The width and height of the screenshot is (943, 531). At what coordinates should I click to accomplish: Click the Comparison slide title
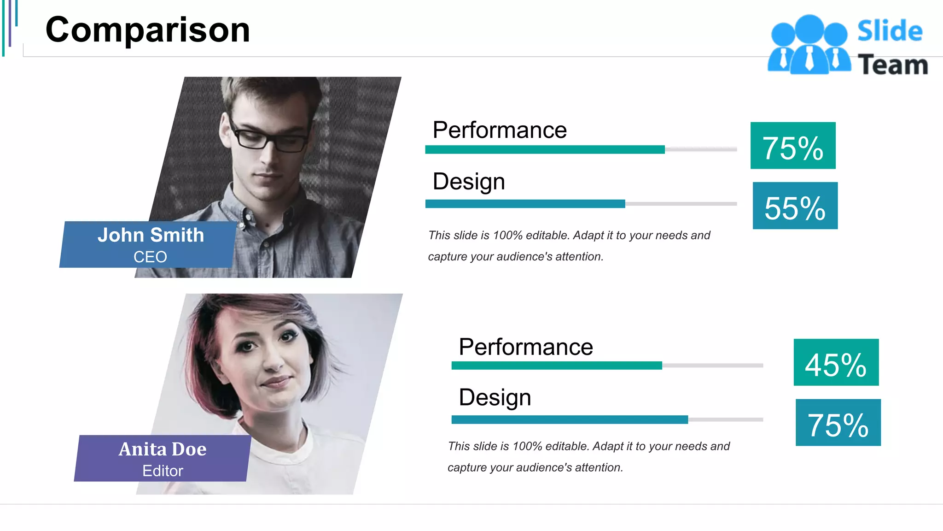(x=147, y=30)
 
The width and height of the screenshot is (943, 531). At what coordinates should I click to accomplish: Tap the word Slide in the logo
(x=890, y=31)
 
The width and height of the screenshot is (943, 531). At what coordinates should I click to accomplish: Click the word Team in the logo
(x=892, y=65)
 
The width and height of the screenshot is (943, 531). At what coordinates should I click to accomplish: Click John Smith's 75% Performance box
(x=792, y=146)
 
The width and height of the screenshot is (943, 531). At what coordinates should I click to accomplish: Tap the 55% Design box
(x=795, y=206)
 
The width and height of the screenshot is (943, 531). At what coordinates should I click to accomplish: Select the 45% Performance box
(x=836, y=362)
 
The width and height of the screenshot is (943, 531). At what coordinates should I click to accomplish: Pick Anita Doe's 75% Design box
(x=838, y=423)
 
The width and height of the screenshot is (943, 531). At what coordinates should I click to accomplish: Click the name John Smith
(x=151, y=235)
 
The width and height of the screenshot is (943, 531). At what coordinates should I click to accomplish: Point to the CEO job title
(x=150, y=257)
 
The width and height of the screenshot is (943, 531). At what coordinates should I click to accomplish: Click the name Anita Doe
(x=162, y=449)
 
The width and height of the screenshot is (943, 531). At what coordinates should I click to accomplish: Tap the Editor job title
(x=163, y=471)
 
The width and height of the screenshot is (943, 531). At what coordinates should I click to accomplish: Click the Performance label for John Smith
(x=499, y=130)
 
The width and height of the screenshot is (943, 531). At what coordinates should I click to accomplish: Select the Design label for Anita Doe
(x=495, y=397)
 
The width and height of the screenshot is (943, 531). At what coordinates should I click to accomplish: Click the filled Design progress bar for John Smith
(x=525, y=204)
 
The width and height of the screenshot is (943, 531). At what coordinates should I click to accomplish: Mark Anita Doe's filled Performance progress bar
(x=556, y=366)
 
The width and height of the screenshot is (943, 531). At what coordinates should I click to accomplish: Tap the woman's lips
(x=276, y=382)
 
